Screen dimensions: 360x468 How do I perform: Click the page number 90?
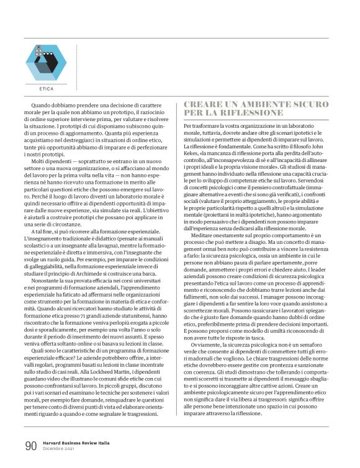click(x=30, y=446)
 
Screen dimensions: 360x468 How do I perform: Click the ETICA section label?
click(x=46, y=88)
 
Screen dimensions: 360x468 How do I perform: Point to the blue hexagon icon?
click(x=45, y=62)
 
